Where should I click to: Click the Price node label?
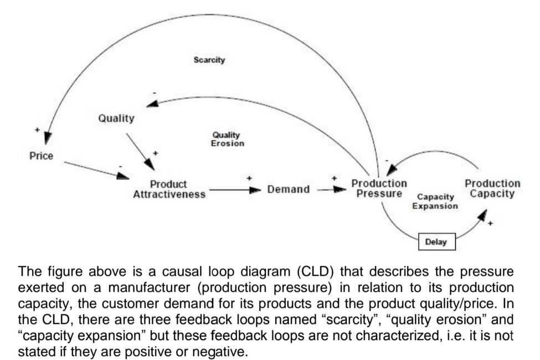(41, 156)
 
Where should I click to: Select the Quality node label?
(116, 118)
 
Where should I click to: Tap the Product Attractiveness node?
(169, 189)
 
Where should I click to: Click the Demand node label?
(288, 189)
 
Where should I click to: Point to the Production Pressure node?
(379, 188)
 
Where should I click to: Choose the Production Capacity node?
(492, 188)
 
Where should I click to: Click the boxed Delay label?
(436, 242)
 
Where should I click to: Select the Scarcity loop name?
(209, 60)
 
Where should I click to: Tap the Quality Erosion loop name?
(227, 139)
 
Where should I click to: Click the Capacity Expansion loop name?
(435, 201)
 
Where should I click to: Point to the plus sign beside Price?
(37, 130)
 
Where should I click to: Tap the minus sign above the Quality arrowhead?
(155, 92)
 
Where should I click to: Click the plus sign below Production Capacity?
(490, 224)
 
